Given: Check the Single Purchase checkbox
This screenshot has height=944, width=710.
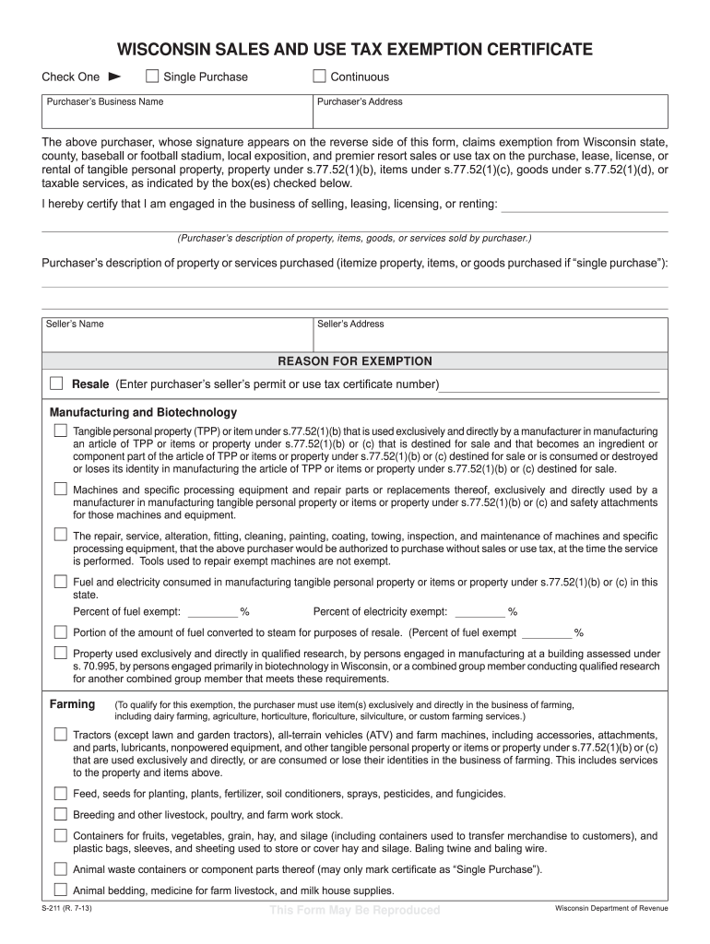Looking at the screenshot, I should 152,77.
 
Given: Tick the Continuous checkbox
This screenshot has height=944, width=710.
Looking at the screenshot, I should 320,77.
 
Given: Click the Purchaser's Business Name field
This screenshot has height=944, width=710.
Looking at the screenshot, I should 176,115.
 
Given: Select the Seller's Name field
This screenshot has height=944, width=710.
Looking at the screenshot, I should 176,337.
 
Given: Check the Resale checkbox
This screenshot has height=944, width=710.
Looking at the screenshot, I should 57,383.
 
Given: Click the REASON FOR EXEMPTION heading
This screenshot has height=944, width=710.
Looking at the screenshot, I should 355,361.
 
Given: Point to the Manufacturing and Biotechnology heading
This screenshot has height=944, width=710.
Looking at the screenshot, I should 143,412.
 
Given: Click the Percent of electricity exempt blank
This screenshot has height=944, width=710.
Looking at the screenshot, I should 480,611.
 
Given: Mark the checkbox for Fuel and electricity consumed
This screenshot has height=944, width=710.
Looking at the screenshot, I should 60,582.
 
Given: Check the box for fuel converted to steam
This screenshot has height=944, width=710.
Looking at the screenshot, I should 60,632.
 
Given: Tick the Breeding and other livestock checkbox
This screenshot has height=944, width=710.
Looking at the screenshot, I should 60,815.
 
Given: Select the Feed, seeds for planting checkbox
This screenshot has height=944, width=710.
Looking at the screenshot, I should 60,794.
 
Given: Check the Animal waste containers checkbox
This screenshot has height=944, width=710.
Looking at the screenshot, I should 60,869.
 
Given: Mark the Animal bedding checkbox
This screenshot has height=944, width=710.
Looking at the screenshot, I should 60,891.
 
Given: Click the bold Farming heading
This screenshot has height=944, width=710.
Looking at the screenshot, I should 72,704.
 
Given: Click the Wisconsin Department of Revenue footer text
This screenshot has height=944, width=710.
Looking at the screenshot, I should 610,909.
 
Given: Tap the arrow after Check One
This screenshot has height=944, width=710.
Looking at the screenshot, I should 115,77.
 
